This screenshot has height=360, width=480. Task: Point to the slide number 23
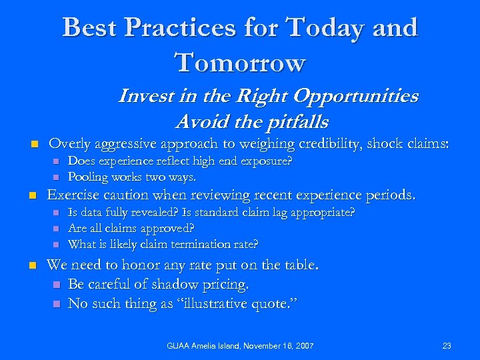pos(446,345)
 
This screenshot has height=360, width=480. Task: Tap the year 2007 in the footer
pos(303,345)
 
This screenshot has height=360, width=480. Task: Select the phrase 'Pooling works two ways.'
pos(132,177)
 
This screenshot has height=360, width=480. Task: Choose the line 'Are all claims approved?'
pos(131,228)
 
